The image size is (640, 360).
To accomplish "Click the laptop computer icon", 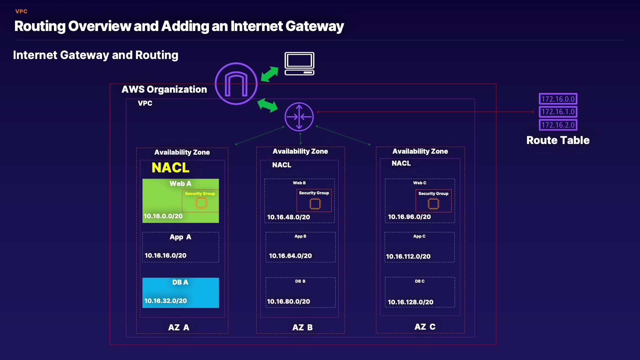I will point(299,63).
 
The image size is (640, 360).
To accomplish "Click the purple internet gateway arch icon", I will point(236,84).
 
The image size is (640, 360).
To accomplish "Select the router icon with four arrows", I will point(299,117).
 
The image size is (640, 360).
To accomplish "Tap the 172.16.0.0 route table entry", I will point(558,99).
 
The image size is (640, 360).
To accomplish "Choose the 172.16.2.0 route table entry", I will point(558,125).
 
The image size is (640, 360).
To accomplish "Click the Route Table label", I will point(558,140).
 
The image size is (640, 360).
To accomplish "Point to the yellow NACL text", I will point(170,168).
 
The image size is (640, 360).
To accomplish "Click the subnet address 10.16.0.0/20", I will point(163,216).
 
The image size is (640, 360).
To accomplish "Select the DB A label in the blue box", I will point(180,282).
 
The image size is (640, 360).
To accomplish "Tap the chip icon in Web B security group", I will point(315,204).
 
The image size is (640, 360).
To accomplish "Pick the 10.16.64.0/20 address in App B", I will point(290,256).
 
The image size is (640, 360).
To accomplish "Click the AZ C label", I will point(425,327).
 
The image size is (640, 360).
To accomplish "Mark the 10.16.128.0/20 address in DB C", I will point(410,302).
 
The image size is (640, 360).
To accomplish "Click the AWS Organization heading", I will point(164,89).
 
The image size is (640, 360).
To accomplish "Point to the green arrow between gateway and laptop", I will point(269,74).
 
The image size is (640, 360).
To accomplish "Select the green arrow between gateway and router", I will point(267,105).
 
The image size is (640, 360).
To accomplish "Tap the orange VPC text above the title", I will point(21,11).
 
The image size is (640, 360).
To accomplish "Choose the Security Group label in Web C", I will point(433,194).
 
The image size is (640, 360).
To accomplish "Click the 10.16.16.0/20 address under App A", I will point(165,255).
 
